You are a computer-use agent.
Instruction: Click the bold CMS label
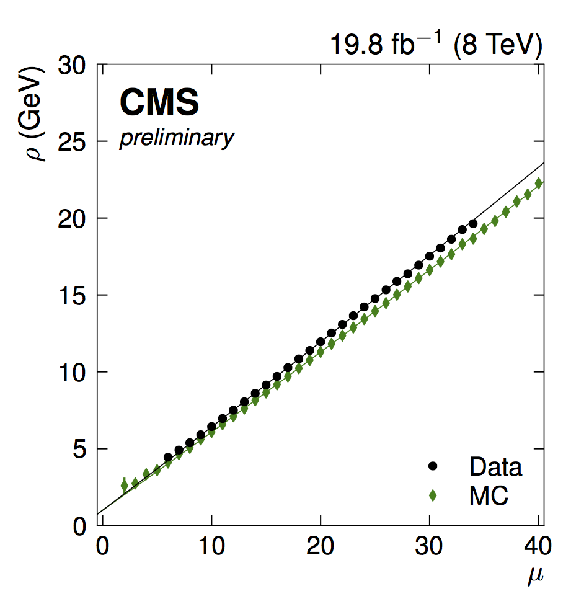[159, 102]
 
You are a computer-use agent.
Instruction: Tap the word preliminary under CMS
[177, 138]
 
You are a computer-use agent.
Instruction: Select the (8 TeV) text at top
[498, 47]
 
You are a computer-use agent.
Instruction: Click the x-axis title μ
[535, 576]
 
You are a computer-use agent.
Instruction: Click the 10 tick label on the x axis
[211, 549]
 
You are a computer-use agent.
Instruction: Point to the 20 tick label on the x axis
[321, 549]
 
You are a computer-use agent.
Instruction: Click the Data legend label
[495, 467]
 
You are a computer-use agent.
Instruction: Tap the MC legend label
[489, 495]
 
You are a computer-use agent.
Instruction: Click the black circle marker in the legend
[433, 466]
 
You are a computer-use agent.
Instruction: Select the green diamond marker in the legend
[433, 495]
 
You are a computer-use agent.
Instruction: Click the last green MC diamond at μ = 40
[539, 184]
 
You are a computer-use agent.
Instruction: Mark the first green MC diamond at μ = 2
[125, 486]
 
